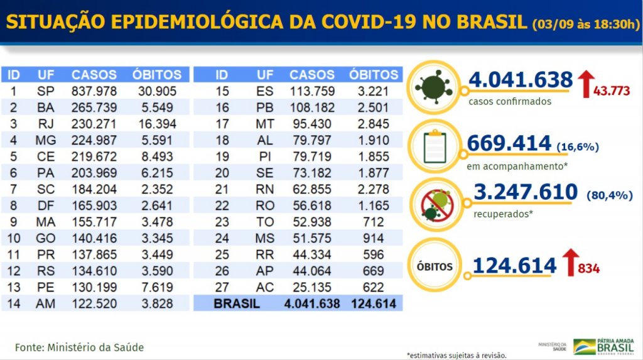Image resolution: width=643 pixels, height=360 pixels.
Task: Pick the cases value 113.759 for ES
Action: tap(311, 91)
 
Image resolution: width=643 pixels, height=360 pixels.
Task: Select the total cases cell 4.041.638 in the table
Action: tap(311, 303)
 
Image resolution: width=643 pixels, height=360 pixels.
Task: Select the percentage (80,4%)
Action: tap(608, 195)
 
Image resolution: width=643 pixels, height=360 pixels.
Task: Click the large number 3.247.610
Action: tap(525, 191)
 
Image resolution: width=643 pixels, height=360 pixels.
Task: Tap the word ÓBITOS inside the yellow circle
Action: tap(434, 266)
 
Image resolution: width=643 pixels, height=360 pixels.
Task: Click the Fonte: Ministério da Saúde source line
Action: tap(79, 347)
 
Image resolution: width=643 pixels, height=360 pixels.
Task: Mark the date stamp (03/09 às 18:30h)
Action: tap(585, 25)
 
